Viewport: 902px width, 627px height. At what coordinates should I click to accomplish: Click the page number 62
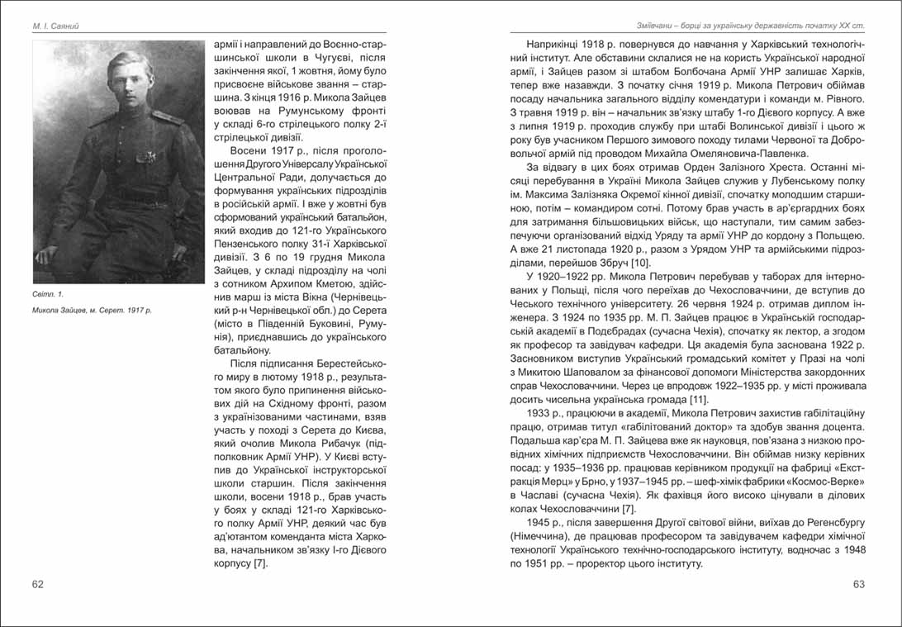(x=38, y=584)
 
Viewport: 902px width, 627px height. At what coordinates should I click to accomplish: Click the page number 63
(x=859, y=584)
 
